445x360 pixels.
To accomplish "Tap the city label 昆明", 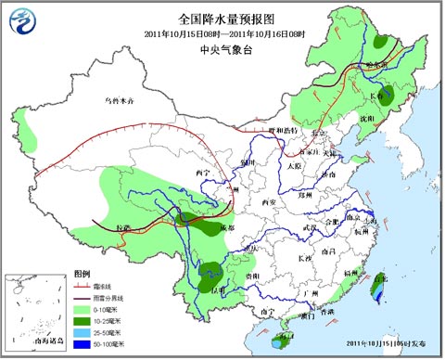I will pyautogui.click(x=218, y=290).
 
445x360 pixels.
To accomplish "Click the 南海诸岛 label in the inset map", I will pyautogui.click(x=44, y=344).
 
